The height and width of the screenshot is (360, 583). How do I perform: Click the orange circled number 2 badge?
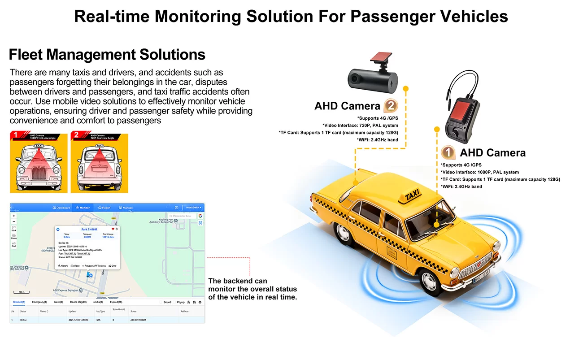pyautogui.click(x=391, y=106)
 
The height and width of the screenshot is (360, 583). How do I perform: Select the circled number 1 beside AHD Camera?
pyautogui.click(x=448, y=152)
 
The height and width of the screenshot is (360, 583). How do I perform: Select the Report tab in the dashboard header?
pyautogui.click(x=104, y=208)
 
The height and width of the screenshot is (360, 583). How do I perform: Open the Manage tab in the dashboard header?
pyautogui.click(x=126, y=208)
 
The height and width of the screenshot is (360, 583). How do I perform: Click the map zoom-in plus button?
pyautogui.click(x=14, y=216)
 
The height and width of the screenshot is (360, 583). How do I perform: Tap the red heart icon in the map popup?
pyautogui.click(x=113, y=229)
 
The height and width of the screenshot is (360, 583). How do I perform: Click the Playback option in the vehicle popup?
pyautogui.click(x=88, y=266)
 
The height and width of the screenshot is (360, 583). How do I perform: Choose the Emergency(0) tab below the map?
pyautogui.click(x=39, y=302)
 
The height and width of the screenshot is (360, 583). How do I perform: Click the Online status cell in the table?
pyautogui.click(x=23, y=320)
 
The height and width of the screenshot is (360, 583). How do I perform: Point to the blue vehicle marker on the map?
pyautogui.click(x=91, y=274)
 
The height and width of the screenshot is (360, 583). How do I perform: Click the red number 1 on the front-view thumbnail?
pyautogui.click(x=15, y=134)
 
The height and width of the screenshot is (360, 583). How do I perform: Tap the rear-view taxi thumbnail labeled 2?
pyautogui.click(x=100, y=163)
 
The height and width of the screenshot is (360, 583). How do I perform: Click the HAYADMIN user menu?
pyautogui.click(x=194, y=208)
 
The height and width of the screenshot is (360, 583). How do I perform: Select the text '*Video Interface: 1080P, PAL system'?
pyautogui.click(x=479, y=172)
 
